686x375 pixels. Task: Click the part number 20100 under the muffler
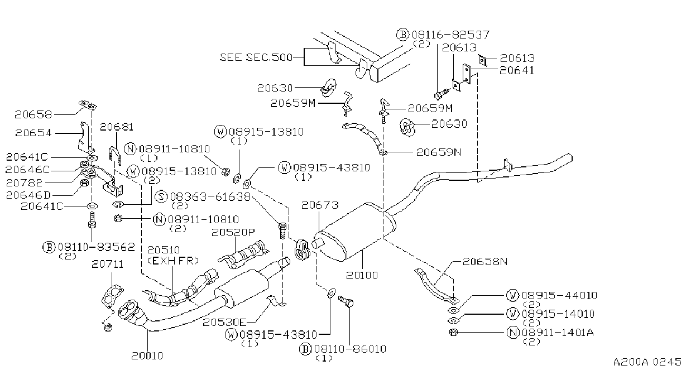tap(362, 275)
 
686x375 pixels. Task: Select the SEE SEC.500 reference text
tap(256, 57)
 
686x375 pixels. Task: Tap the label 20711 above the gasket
tap(108, 264)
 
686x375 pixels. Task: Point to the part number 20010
tap(147, 355)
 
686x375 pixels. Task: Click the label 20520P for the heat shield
tap(233, 232)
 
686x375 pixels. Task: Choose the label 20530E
tap(224, 322)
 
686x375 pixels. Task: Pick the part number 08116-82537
tap(450, 35)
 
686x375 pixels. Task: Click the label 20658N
tap(485, 261)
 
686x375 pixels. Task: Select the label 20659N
tap(439, 152)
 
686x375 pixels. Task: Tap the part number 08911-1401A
tap(558, 333)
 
